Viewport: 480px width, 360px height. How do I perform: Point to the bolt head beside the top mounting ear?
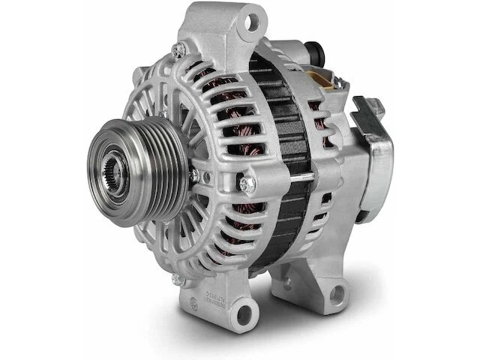pyautogui.click(x=178, y=49)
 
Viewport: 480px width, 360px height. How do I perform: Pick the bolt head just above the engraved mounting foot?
pyautogui.click(x=177, y=279)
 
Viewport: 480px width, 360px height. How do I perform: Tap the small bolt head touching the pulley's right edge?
pyautogui.click(x=193, y=175)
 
